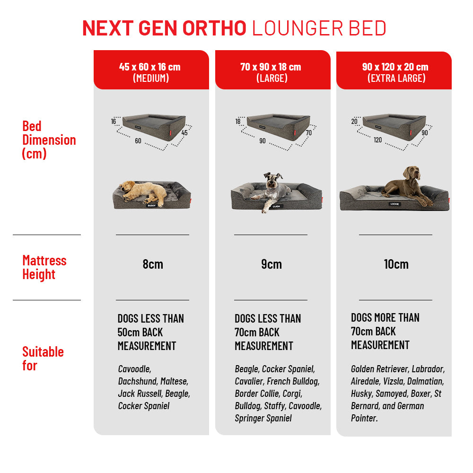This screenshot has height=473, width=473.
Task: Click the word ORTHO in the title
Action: tap(214, 28)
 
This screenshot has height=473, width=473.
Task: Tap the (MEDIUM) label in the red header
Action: tap(151, 79)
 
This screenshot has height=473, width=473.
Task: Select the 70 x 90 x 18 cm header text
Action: tap(271, 67)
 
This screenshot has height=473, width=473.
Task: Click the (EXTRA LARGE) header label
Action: tap(396, 79)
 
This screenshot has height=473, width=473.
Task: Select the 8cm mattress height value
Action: tap(153, 264)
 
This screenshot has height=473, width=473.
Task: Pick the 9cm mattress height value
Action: tap(272, 264)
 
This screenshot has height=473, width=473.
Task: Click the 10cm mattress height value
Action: tap(396, 264)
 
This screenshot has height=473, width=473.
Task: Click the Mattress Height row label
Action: tap(44, 267)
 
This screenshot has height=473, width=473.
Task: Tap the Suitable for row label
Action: tap(43, 359)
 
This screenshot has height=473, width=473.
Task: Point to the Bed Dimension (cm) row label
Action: tap(49, 140)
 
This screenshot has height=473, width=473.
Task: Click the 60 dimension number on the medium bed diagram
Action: tap(138, 141)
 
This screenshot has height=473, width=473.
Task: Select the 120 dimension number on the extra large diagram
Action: tap(377, 140)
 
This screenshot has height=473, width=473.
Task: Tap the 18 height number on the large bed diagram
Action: tap(238, 122)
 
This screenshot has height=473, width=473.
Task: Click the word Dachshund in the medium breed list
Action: tap(137, 381)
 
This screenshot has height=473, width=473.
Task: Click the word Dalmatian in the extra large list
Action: tap(426, 381)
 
